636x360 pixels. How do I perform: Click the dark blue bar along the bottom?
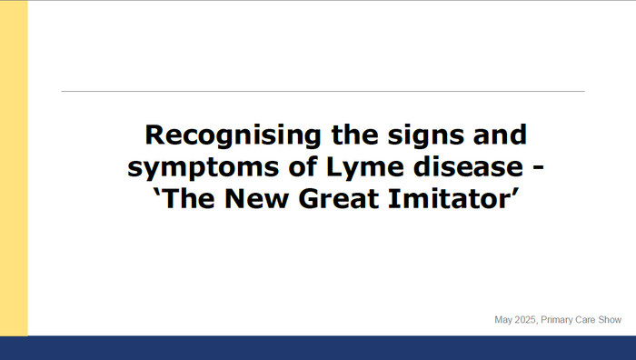(x=318, y=348)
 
